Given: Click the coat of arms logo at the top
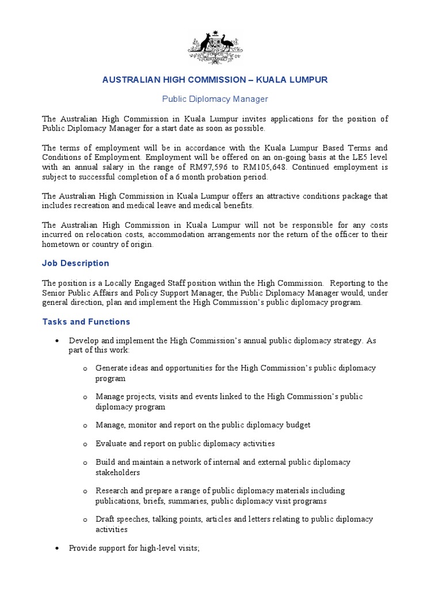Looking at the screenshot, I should [x=215, y=47].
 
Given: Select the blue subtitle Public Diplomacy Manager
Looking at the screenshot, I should [x=215, y=99].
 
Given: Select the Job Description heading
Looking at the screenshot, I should [x=75, y=263].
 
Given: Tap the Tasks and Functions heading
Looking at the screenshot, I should [x=86, y=322].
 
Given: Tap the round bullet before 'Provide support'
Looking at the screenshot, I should [x=57, y=549].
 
